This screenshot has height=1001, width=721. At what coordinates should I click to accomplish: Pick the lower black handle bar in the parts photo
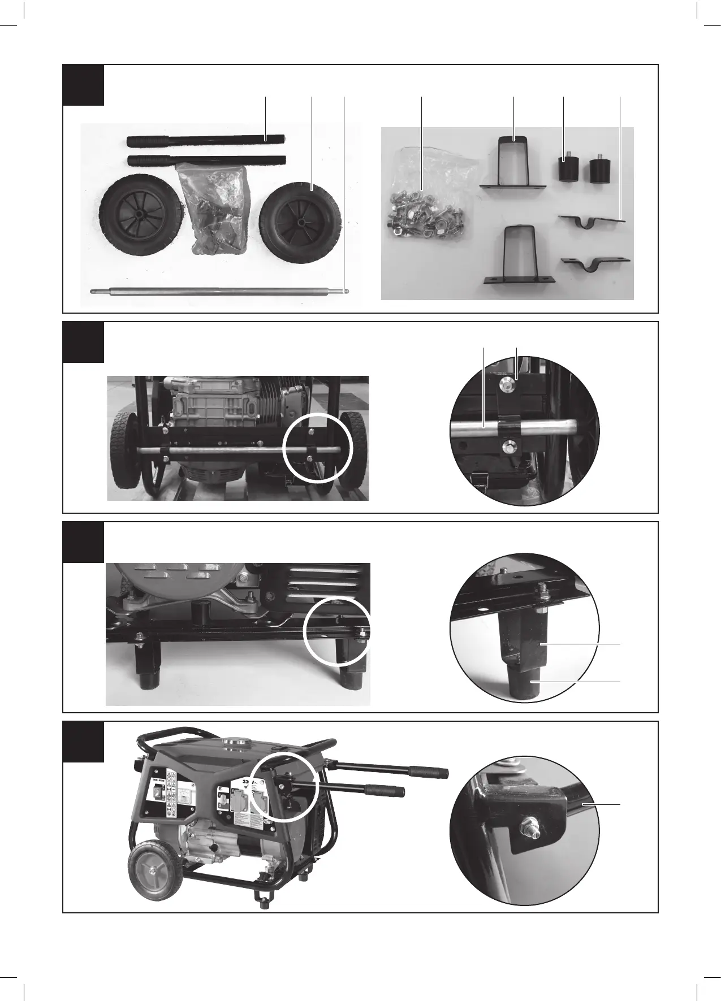(206, 161)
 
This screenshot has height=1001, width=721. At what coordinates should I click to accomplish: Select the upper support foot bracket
(513, 164)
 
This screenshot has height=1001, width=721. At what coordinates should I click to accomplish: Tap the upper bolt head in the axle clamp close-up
(507, 384)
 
